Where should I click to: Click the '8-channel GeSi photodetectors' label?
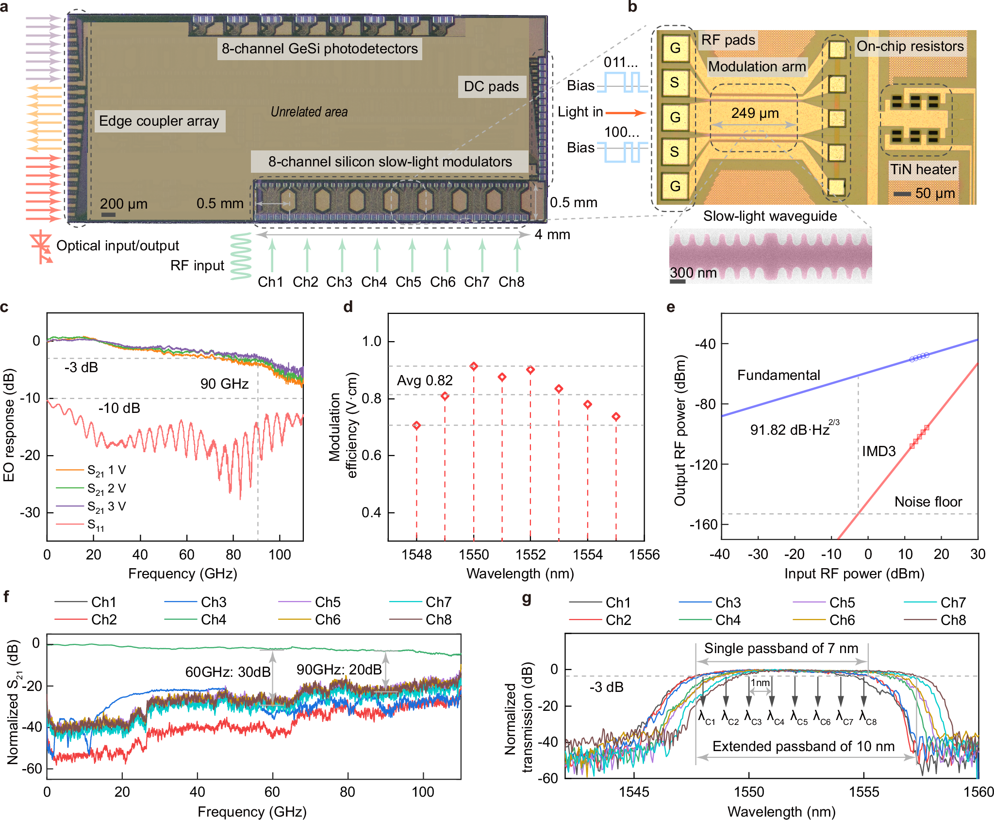click(319, 49)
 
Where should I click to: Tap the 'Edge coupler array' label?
click(159, 121)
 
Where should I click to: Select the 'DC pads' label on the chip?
click(491, 87)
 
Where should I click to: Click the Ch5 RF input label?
click(408, 282)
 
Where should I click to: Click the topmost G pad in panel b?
click(675, 48)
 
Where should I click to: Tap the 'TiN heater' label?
click(923, 169)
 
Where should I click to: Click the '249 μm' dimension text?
click(755, 114)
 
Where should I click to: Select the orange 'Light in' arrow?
click(626, 113)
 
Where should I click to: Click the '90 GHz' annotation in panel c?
click(224, 384)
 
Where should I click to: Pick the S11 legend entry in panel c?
click(96, 525)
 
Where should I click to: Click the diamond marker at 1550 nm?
click(474, 366)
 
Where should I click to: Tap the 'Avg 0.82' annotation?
click(425, 380)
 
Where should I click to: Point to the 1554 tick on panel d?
click(587, 554)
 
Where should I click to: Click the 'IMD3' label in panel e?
click(878, 451)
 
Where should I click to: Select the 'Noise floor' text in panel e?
click(928, 502)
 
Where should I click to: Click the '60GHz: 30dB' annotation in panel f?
click(228, 672)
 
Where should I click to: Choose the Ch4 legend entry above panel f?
click(214, 620)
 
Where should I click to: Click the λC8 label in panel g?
click(868, 717)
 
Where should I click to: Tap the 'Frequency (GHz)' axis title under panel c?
click(182, 574)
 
